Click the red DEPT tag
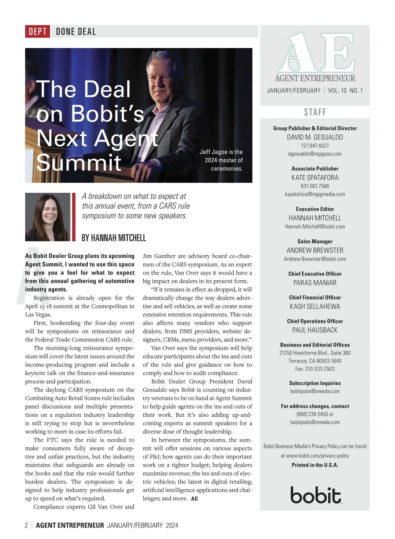click(38, 32)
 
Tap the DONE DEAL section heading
click(76, 32)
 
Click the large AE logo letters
click(315, 53)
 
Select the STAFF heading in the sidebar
click(315, 112)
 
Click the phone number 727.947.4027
click(315, 145)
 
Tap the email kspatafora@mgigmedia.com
click(315, 194)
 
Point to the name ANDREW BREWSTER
click(315, 250)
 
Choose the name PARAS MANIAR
click(315, 283)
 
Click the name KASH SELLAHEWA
click(315, 306)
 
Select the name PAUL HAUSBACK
click(315, 330)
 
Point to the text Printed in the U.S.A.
click(315, 465)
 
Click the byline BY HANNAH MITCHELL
click(114, 238)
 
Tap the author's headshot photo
click(48, 217)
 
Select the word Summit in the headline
click(79, 162)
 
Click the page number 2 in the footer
click(27, 526)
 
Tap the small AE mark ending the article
click(195, 499)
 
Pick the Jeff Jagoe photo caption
click(222, 160)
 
